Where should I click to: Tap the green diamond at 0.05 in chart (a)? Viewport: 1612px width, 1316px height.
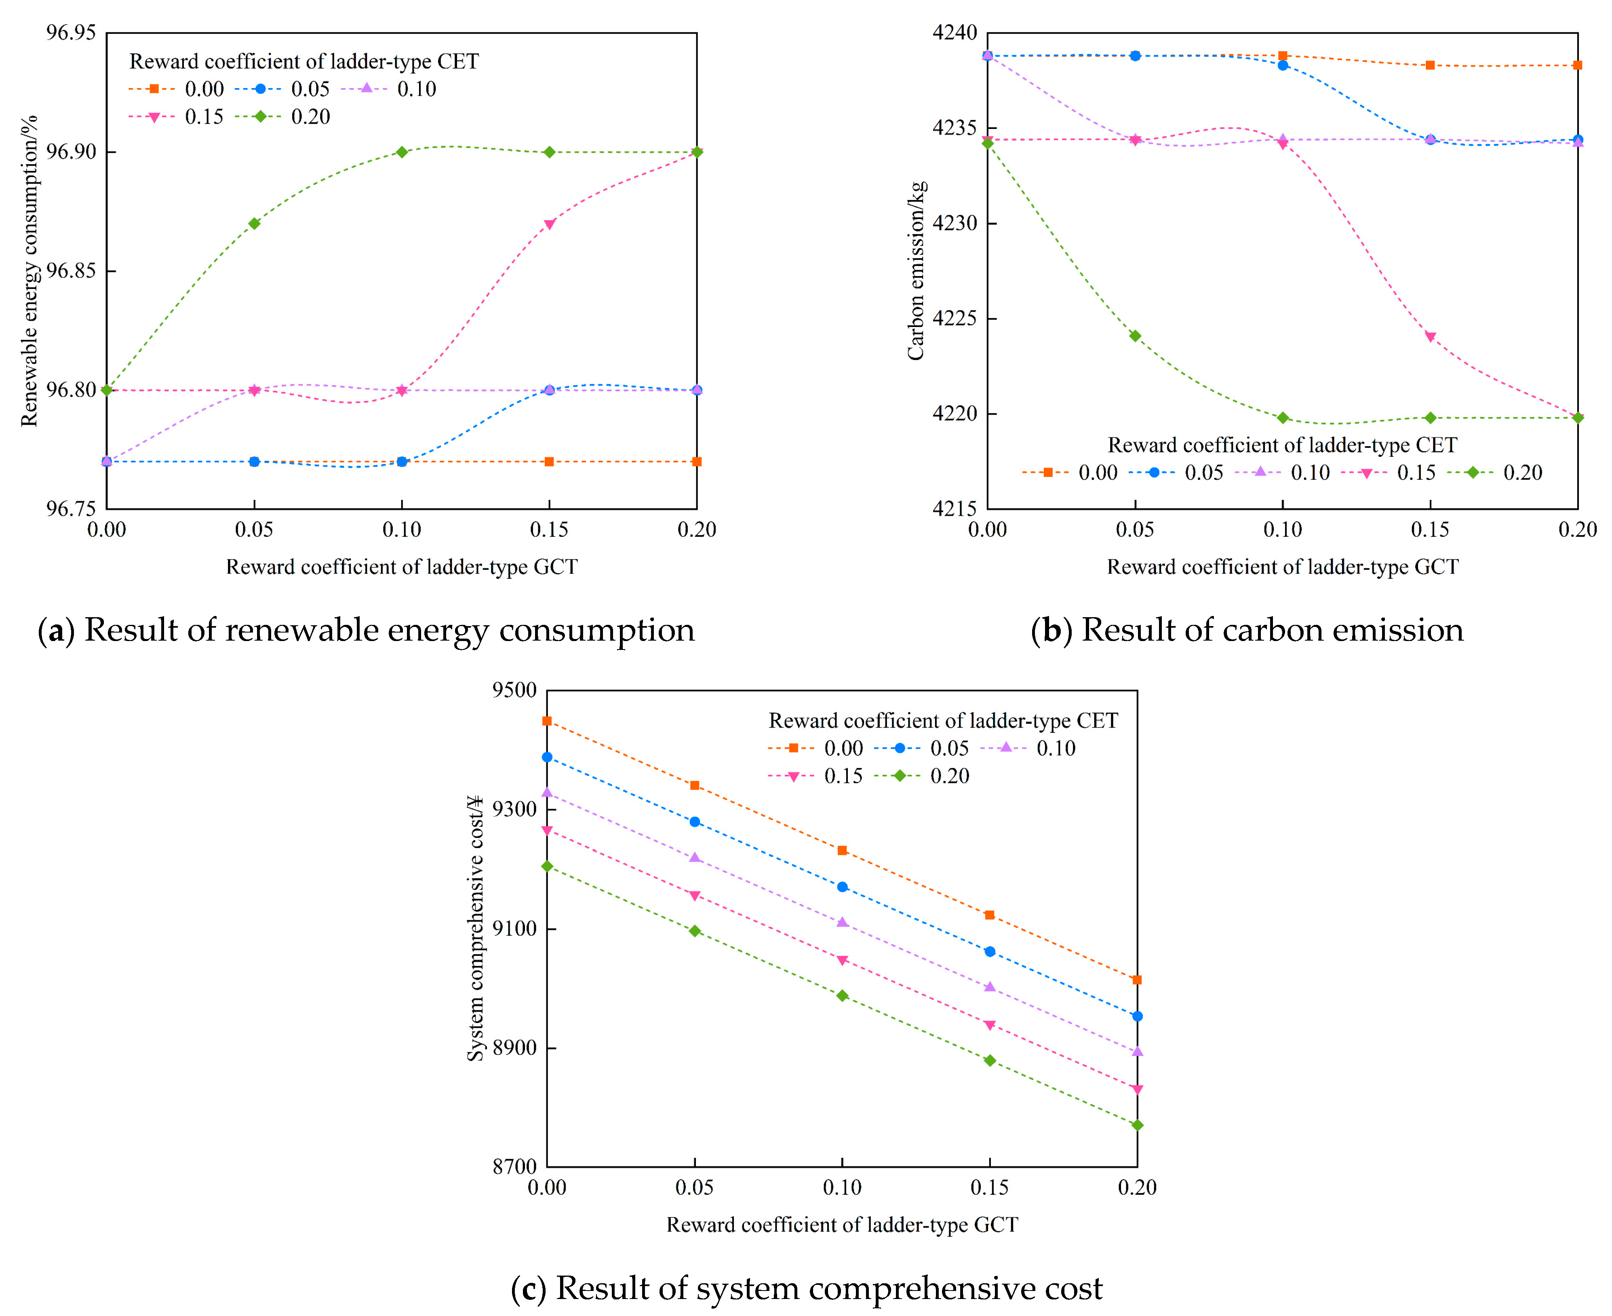click(255, 224)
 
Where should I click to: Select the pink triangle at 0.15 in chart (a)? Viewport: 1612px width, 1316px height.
click(550, 224)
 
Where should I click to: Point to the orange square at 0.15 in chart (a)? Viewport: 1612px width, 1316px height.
click(550, 462)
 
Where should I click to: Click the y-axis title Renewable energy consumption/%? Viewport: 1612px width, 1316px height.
click(29, 271)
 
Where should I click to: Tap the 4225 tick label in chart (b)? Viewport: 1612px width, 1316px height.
click(954, 318)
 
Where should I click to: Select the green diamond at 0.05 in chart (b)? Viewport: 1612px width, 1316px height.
click(1135, 336)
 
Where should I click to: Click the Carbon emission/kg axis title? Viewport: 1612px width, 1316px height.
click(916, 271)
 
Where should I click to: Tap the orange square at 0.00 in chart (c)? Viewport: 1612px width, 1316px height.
click(547, 721)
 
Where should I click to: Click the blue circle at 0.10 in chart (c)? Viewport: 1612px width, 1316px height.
click(843, 887)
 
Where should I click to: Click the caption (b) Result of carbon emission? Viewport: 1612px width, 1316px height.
click(1247, 630)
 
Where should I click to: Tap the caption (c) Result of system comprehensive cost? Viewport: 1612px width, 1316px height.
click(806, 1288)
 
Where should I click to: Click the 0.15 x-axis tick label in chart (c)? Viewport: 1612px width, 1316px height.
click(990, 1187)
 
